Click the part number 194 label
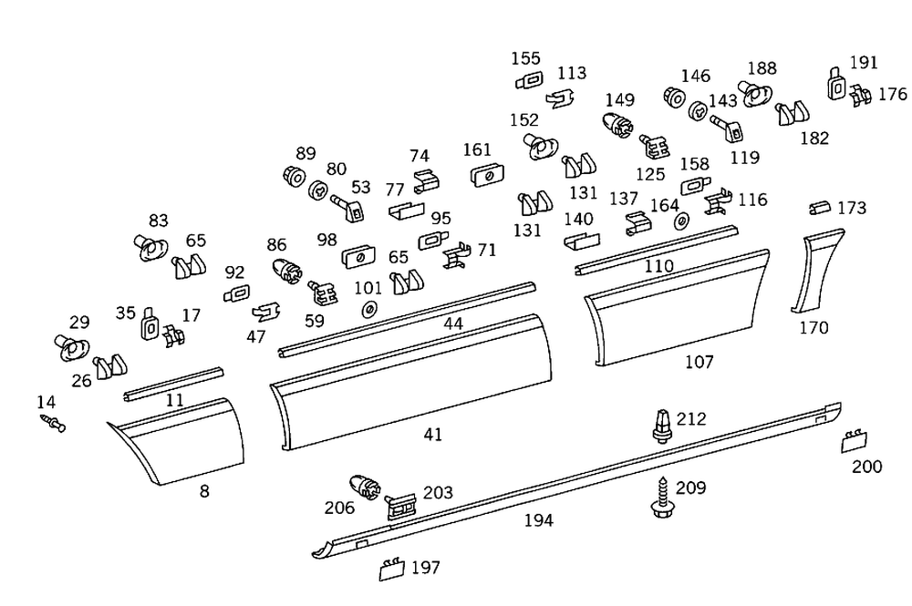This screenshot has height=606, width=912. click(x=538, y=521)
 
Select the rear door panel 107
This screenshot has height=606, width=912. click(x=680, y=308)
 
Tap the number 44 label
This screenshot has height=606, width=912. click(x=453, y=324)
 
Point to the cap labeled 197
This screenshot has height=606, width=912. click(x=391, y=570)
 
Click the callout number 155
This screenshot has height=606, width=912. click(x=525, y=59)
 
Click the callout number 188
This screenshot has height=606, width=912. click(x=762, y=68)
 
